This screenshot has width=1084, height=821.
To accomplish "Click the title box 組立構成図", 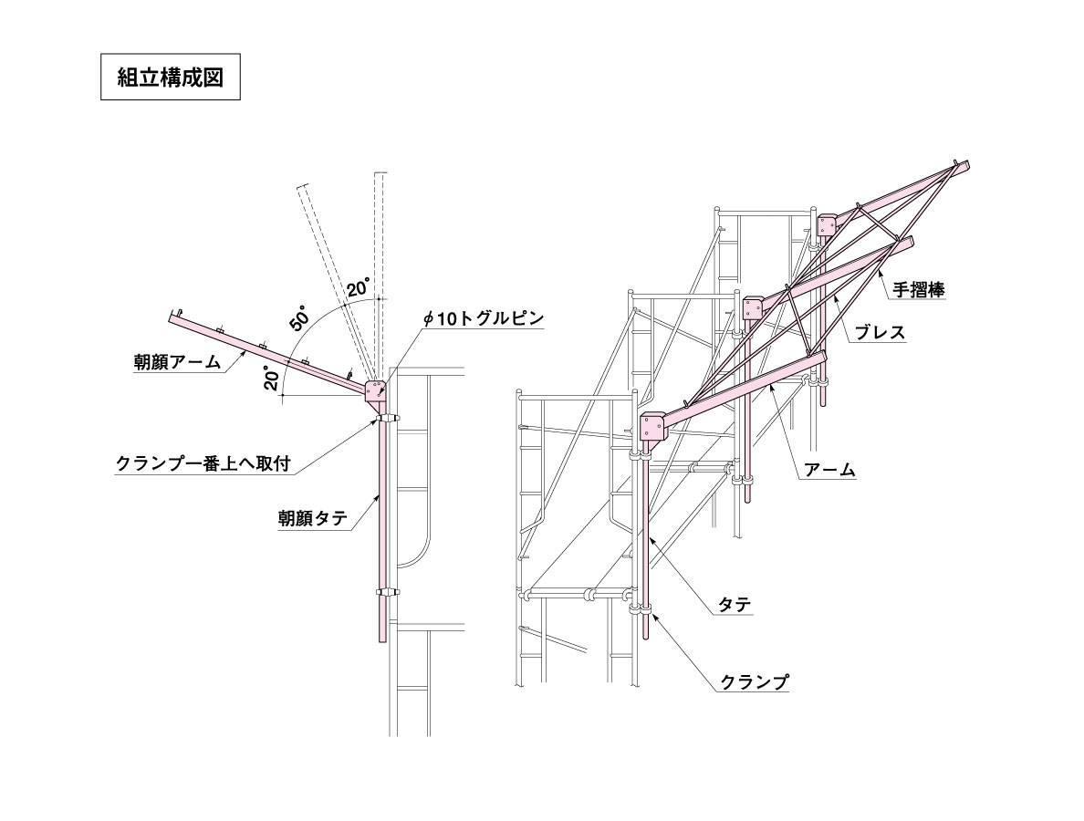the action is pos(170,77).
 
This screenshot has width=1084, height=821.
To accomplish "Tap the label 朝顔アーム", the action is pos(178,361).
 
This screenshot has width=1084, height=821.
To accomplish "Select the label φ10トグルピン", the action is pos(484,318).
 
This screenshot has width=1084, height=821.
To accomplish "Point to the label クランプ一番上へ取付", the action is pos(203,463).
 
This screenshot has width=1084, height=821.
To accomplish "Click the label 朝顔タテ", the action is pos(313,518).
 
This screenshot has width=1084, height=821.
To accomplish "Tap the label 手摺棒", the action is pos(918,289).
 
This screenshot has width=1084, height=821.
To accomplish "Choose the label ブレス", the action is pos(880,332).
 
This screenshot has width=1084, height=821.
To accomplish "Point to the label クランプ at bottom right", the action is pos(755,682).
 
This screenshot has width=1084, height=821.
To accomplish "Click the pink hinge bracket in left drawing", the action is pos(375,393).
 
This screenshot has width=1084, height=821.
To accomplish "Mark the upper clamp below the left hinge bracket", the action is pos(387,418).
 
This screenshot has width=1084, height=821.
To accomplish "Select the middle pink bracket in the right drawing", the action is pos(753,307).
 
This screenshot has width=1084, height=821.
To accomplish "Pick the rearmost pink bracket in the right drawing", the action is pos(826,224).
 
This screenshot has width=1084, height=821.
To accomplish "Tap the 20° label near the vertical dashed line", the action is pos(359,287).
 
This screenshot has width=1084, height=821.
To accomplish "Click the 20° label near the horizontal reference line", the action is pos(272,378).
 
